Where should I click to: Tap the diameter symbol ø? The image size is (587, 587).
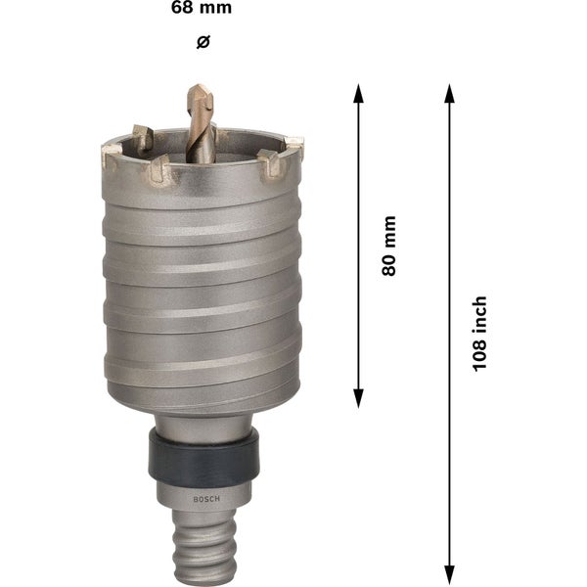tap(203, 41)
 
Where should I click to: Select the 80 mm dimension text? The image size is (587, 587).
tap(388, 246)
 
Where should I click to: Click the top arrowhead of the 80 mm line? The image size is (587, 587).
tap(359, 90)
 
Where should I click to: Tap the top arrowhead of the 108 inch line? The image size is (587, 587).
tap(449, 90)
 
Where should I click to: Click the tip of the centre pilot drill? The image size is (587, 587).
tap(194, 87)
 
